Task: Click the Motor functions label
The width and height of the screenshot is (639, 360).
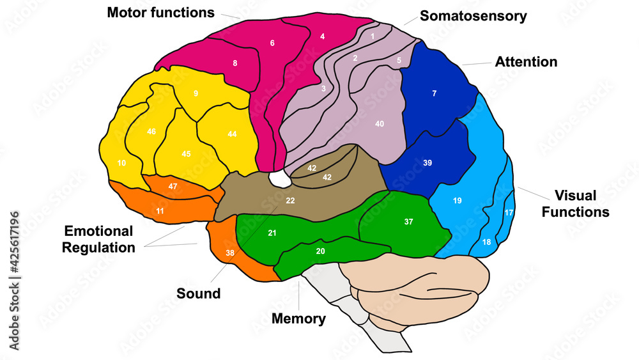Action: [x=160, y=12]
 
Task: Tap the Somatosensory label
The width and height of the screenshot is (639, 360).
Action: [x=473, y=16]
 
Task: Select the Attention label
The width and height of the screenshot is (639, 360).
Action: [x=526, y=62]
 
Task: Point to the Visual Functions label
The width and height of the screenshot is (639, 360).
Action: [x=575, y=203]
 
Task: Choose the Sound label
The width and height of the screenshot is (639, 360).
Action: [x=198, y=293]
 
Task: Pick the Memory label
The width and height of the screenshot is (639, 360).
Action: [x=298, y=318]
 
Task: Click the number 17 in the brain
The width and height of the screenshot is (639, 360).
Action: [x=509, y=213]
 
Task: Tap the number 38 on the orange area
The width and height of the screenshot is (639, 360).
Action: [x=229, y=253]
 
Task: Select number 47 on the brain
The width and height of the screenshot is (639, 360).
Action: [x=173, y=185]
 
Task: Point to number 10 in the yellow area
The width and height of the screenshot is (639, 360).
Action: [x=121, y=163]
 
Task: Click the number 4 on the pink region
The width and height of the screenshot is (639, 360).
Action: [x=323, y=36]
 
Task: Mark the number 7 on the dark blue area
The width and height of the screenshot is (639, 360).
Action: [x=435, y=94]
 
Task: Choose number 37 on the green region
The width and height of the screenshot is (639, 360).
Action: [x=409, y=222]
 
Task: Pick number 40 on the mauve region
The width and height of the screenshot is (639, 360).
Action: [x=380, y=123]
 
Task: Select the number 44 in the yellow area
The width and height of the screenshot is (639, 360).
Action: [x=232, y=134]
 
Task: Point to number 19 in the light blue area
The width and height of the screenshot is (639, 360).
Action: [x=458, y=201]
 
